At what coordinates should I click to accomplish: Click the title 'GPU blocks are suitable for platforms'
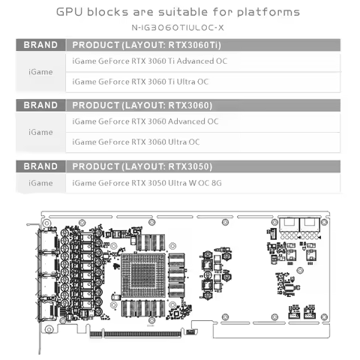[x=178, y=12]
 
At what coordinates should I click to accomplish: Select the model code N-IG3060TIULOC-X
[x=178, y=27]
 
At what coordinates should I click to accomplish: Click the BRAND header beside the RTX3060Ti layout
[x=40, y=45]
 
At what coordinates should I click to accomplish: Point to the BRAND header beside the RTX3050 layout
[x=40, y=166]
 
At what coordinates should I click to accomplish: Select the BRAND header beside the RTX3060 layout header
[x=40, y=105]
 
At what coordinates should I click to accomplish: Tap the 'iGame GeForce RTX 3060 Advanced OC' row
[x=145, y=121]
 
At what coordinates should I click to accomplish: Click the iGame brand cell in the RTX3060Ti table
[x=40, y=71]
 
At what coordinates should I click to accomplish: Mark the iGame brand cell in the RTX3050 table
[x=40, y=182]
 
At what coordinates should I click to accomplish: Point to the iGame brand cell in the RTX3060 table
[x=40, y=132]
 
